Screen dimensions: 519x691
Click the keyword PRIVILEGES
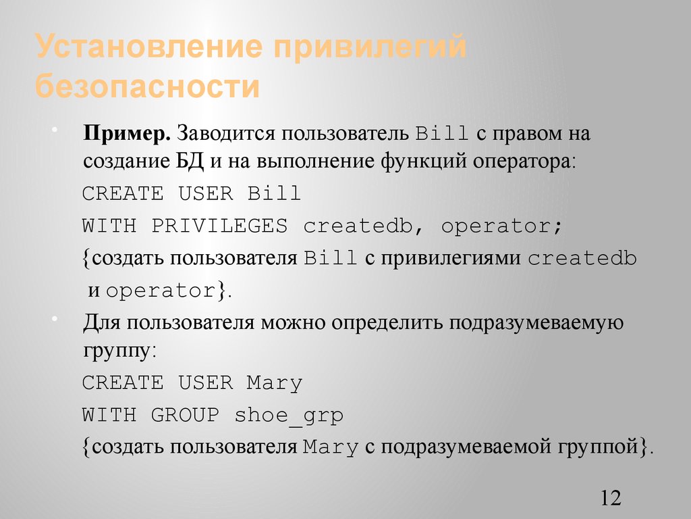219,226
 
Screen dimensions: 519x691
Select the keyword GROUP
185,415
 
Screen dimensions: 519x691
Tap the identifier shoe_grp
289,416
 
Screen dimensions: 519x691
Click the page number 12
609,499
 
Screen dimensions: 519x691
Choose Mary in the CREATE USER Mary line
274,383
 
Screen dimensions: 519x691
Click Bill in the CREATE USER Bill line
274,194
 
